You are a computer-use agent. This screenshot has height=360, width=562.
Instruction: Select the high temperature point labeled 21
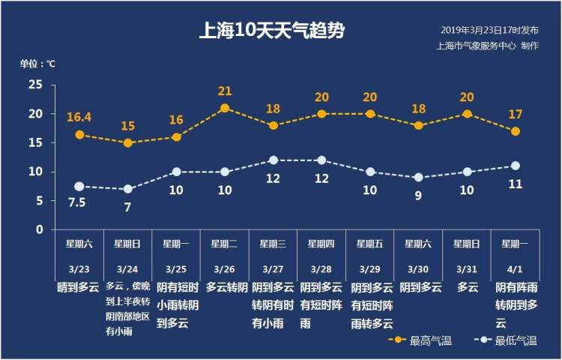[x=225, y=108]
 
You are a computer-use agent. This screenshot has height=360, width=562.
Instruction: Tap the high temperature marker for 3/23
[x=79, y=135]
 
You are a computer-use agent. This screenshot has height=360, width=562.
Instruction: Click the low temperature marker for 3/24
[x=127, y=189]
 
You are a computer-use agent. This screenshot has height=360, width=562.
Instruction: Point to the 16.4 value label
[x=79, y=118]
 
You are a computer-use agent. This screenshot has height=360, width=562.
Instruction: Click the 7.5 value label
[x=79, y=203]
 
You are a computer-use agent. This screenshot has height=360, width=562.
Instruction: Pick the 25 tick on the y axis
[x=35, y=85]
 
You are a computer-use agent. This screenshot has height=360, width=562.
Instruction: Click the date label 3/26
[x=224, y=268]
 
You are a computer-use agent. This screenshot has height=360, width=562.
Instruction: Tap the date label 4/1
[x=515, y=268]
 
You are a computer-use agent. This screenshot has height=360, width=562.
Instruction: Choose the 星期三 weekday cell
[x=273, y=244]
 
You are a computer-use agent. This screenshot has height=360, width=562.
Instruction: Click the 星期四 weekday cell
[x=321, y=244]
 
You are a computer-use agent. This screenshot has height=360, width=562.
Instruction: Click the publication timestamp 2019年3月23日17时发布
[x=489, y=31]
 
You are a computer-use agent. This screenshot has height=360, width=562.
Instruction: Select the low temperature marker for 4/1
[x=515, y=166]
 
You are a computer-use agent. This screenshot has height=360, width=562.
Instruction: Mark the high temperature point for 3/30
[x=418, y=125]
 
